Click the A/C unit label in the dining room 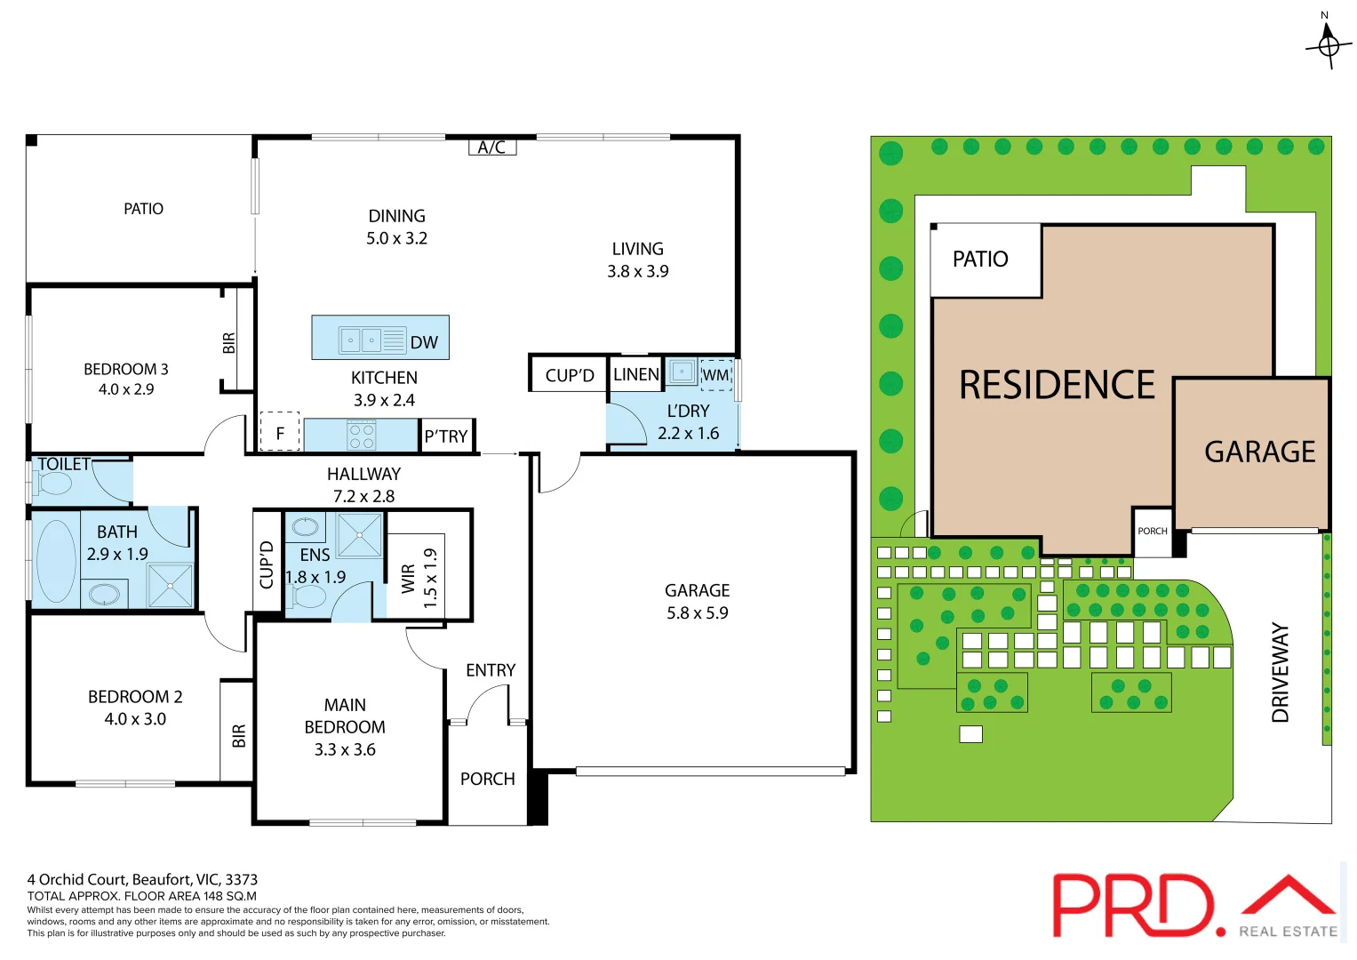point(491,148)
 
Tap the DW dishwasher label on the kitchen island point(424,342)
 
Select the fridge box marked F point(280,433)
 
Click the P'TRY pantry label point(446,436)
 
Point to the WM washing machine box point(715,374)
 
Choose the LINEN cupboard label point(636,374)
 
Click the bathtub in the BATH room point(56,560)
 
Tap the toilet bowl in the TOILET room point(54,484)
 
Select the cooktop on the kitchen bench point(362,436)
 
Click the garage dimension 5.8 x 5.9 point(698,612)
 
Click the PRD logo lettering point(1134,905)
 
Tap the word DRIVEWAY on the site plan point(1280,672)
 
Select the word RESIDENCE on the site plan point(1057,385)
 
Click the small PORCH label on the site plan point(1153,531)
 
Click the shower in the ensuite point(360,534)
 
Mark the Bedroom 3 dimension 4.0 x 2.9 point(126,389)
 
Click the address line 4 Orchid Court point(142,879)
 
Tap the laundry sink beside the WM point(682,372)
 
